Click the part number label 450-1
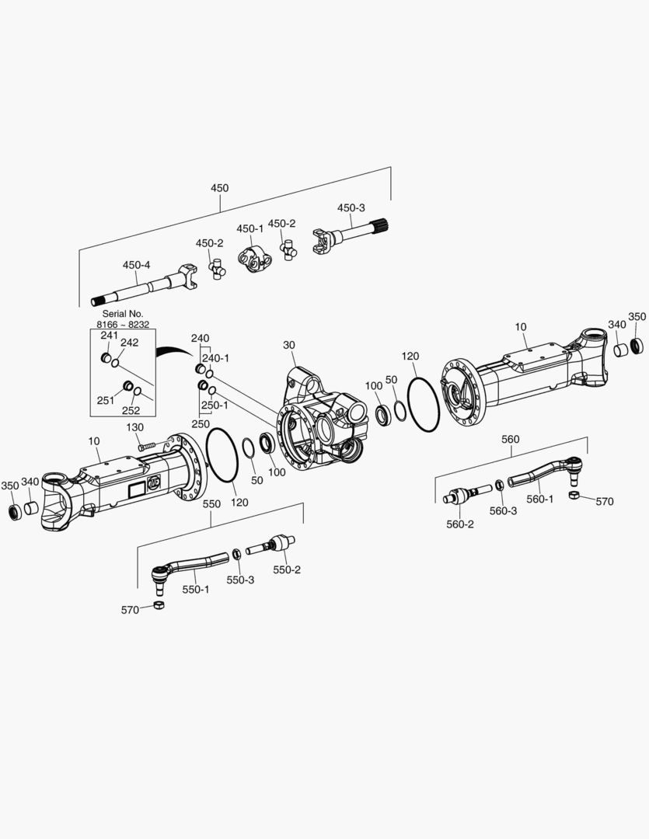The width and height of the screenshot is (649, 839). [x=250, y=228]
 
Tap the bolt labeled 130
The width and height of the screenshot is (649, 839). [x=148, y=446]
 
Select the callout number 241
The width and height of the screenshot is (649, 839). [x=109, y=336]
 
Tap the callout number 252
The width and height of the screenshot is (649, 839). [x=131, y=411]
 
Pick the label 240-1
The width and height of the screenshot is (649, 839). [x=215, y=358]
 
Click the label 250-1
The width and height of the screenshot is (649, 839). [x=215, y=405]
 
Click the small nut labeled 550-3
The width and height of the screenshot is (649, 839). [x=236, y=554]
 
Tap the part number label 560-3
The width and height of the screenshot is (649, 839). [x=503, y=510]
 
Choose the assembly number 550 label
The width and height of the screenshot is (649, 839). [x=211, y=503]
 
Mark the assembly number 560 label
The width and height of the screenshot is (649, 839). [x=510, y=439]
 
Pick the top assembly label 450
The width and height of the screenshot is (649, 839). [x=220, y=188]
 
